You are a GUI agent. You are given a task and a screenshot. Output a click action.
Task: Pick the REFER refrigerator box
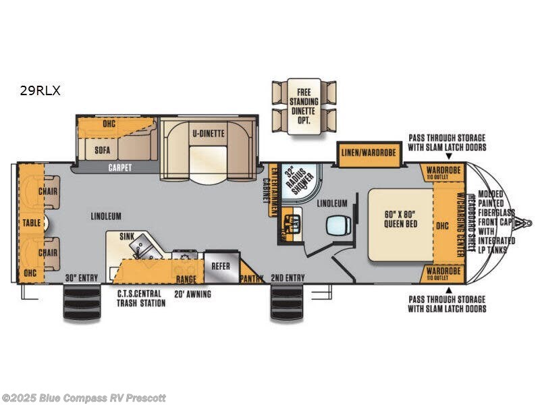220,266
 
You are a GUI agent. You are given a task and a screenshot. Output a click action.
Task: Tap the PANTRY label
252,277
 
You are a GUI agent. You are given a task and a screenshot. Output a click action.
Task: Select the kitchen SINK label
127,237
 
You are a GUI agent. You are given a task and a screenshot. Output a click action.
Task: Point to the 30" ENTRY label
82,278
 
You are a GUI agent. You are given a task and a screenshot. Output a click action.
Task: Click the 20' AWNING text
192,294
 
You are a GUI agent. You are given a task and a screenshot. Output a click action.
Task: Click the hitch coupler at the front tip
527,222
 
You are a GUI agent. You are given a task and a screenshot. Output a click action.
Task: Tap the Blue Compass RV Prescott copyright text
84,398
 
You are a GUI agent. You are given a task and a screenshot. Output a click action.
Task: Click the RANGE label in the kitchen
186,278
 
